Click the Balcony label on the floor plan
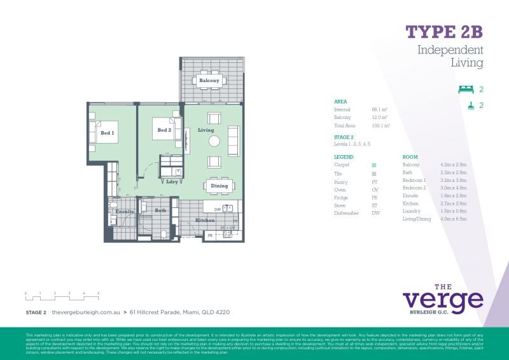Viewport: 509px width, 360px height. pos(209,81)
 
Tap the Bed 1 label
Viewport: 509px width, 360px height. pos(107,133)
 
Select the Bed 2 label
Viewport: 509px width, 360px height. pos(164,130)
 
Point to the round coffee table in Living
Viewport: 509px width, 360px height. pos(214,141)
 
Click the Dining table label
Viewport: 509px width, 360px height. pos(219,186)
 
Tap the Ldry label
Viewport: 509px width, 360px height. pos(171,181)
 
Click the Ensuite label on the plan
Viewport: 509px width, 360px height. pos(124,211)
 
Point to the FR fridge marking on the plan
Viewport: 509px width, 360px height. pos(210,236)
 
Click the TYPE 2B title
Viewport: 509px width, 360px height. pos(444,32)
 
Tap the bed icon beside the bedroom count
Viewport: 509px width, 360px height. pos(466,90)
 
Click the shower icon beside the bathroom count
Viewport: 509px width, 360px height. pos(470,106)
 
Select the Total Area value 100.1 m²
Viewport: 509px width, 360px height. pos(380,126)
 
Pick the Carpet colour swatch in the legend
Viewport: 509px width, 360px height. pos(374,165)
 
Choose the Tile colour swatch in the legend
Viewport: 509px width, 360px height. pos(374,174)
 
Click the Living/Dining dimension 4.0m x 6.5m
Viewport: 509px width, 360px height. pos(453,219)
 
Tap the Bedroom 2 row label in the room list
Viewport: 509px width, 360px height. pos(414,188)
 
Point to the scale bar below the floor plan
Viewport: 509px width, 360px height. pos(62,295)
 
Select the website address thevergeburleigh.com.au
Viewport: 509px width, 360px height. pos(86,312)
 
